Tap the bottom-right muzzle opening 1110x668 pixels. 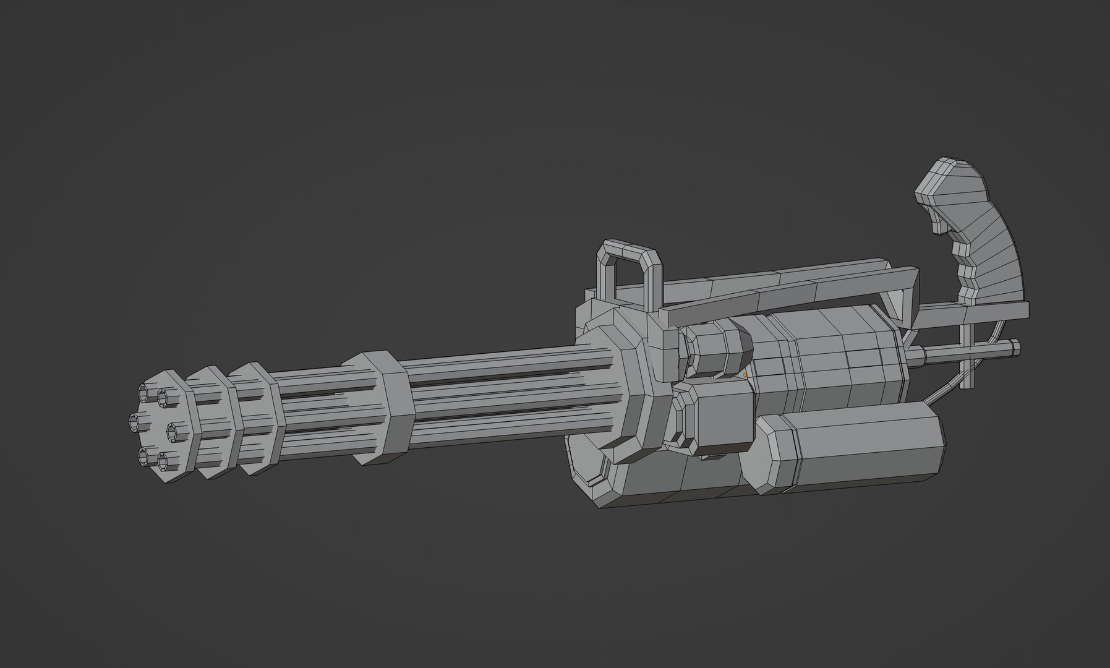(164, 460)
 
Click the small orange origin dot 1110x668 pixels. (745, 374)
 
